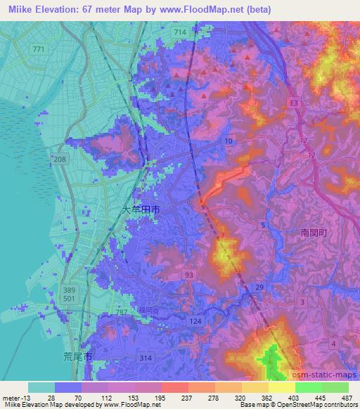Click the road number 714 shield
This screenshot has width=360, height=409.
click(x=180, y=33)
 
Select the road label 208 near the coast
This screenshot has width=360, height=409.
click(x=59, y=161)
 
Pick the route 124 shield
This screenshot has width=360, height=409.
click(x=197, y=321)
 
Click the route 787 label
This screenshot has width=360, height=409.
click(x=120, y=311)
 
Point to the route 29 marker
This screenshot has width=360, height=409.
click(x=259, y=287)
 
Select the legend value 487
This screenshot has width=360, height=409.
click(x=347, y=397)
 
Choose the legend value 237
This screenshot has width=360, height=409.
click(x=170, y=397)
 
